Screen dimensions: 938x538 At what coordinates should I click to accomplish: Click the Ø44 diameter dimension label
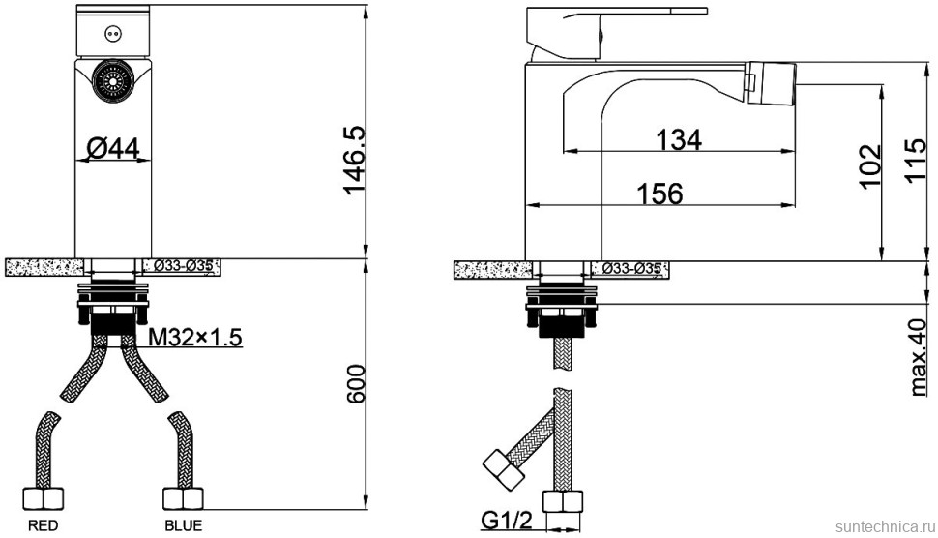click(x=112, y=148)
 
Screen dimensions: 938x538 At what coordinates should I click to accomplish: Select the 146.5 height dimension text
click(x=355, y=161)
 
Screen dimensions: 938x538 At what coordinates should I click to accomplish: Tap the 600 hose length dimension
click(x=355, y=383)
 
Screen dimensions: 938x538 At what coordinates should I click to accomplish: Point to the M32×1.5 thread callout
click(x=195, y=338)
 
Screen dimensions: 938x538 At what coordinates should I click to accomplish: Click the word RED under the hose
click(x=44, y=525)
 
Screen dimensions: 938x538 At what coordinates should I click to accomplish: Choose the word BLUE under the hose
click(x=184, y=525)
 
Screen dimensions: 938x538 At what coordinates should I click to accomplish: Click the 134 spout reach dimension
click(x=679, y=140)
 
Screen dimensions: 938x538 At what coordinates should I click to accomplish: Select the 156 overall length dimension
click(x=660, y=194)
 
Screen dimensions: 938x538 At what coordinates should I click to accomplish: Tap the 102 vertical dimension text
click(x=869, y=165)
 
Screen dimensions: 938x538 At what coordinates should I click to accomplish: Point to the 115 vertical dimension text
click(x=916, y=161)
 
